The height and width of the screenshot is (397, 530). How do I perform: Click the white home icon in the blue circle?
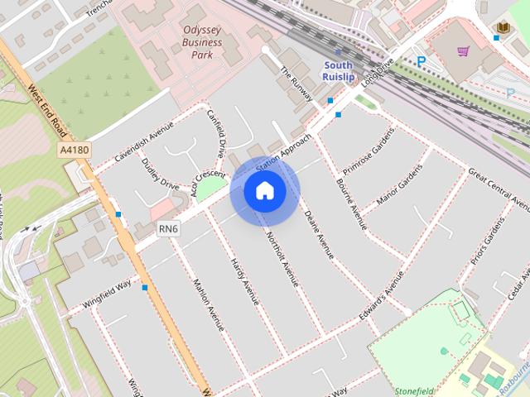(x=265, y=191)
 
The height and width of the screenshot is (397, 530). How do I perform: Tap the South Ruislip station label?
(x=338, y=71)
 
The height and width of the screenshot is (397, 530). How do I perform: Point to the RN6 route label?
(x=170, y=229)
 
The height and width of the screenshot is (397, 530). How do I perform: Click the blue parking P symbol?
(x=422, y=61)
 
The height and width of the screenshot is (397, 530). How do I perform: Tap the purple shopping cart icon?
(x=463, y=51)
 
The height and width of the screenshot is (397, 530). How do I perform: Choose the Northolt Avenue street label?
(x=282, y=257)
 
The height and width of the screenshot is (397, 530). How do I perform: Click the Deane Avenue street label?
(x=319, y=235)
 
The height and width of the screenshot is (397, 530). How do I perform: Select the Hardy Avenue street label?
(x=245, y=280)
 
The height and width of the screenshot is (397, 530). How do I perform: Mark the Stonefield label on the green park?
(x=415, y=389)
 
